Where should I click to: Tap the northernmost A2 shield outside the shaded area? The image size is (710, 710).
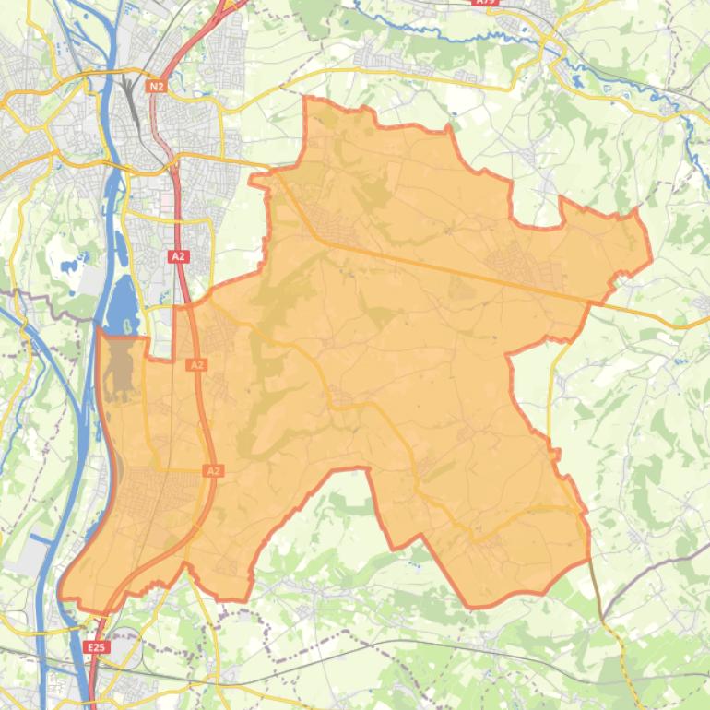click(178, 255)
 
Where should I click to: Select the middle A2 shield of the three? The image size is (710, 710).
click(196, 365)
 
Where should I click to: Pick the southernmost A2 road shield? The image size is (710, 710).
click(213, 471)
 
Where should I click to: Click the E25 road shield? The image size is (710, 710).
click(96, 647)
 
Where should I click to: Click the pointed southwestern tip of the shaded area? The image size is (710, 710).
click(61, 594)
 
